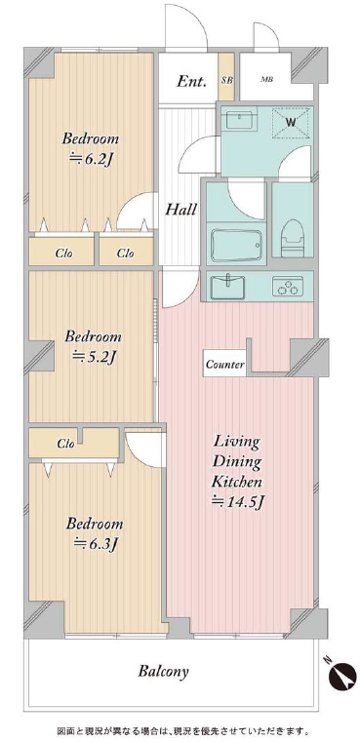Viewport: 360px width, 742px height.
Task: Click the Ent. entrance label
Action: click(x=191, y=81)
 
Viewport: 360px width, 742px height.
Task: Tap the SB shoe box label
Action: click(x=227, y=80)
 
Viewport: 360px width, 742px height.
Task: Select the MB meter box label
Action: click(x=266, y=80)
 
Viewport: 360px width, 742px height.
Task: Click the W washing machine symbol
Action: click(x=291, y=123)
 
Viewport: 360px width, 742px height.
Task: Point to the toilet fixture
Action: click(x=293, y=238)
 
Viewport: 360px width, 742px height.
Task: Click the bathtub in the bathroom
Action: click(x=236, y=245)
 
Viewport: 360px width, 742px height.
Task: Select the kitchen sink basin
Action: click(x=228, y=287)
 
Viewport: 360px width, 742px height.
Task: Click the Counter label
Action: click(x=225, y=365)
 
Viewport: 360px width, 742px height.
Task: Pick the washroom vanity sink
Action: click(x=241, y=119)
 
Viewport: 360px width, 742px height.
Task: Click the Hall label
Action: click(x=180, y=210)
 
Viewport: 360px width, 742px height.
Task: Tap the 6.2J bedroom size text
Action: click(x=91, y=160)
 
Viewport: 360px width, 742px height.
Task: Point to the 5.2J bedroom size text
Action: click(x=94, y=357)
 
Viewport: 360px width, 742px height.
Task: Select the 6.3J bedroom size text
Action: click(x=95, y=544)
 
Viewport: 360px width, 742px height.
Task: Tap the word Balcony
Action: click(x=164, y=671)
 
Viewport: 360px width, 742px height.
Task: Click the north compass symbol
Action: click(x=342, y=674)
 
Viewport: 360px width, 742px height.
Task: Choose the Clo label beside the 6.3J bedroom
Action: click(x=65, y=444)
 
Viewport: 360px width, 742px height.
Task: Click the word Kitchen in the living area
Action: click(x=236, y=482)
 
